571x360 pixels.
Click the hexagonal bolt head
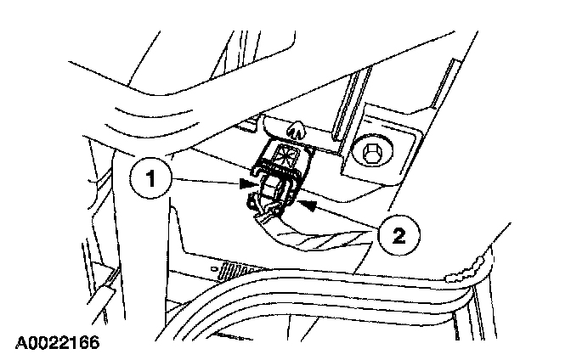373,152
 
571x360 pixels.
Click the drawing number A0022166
56,342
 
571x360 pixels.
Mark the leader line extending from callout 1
204,181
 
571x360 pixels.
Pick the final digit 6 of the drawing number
93,342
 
